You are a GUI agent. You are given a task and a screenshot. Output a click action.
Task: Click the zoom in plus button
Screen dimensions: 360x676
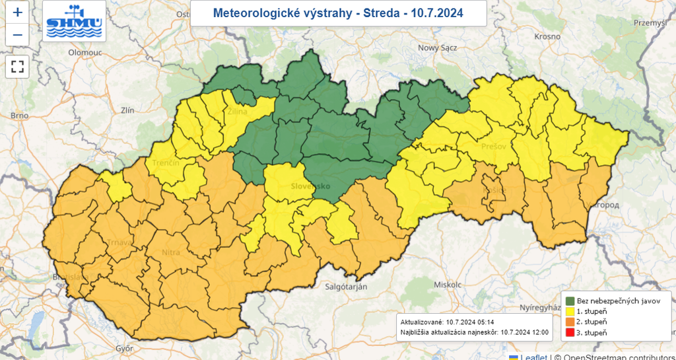click(17, 13)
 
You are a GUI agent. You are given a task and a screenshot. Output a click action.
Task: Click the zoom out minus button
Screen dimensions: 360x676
click(17, 35)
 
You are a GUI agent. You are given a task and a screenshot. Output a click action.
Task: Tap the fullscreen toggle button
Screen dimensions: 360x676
click(17, 66)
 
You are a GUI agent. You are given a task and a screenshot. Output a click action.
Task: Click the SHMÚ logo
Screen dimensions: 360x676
click(74, 21)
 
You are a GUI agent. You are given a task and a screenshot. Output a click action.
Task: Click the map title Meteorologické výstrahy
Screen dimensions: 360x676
click(338, 13)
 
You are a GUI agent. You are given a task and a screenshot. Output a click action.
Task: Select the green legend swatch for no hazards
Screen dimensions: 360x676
click(570, 301)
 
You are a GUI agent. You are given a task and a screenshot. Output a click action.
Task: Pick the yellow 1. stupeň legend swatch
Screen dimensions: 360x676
click(570, 311)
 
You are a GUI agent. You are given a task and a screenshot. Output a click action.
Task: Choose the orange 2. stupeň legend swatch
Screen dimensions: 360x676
click(570, 322)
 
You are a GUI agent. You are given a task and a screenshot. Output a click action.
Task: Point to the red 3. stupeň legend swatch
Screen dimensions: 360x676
click(570, 332)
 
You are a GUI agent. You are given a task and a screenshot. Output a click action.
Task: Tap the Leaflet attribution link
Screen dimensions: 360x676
click(533, 357)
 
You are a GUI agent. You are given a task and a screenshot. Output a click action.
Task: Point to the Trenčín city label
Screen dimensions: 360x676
click(164, 162)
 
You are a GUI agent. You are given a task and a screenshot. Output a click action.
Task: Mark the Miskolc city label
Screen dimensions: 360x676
click(447, 284)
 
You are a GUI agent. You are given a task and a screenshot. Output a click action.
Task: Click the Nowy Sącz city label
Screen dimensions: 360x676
click(438, 47)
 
